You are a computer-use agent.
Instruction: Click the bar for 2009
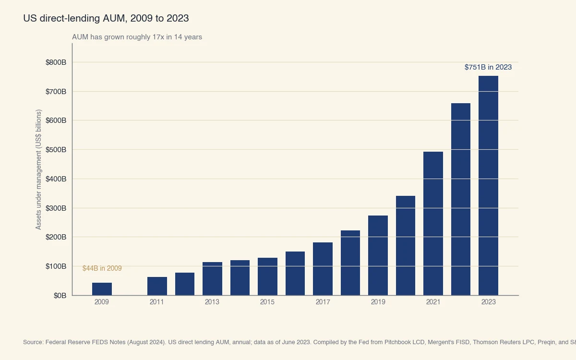(102, 289)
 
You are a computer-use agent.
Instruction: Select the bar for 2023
(488, 186)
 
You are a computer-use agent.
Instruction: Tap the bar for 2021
(433, 224)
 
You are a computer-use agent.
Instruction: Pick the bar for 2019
(378, 255)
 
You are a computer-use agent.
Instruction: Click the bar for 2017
(323, 269)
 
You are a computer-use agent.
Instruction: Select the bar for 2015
(267, 276)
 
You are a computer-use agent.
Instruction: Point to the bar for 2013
(212, 279)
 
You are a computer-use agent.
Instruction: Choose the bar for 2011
(157, 286)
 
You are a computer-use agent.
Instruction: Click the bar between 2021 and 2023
(461, 199)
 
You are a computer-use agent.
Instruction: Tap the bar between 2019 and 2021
(406, 246)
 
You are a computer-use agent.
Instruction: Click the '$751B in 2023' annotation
(488, 67)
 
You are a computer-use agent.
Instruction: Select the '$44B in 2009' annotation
(102, 268)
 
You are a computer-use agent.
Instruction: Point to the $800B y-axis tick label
(56, 62)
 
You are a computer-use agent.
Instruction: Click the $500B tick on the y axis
(56, 150)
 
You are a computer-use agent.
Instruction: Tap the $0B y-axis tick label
(60, 296)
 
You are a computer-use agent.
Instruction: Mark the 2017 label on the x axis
(323, 302)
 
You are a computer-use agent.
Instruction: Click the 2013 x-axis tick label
(212, 302)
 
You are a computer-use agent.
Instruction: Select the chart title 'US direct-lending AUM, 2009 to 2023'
(106, 18)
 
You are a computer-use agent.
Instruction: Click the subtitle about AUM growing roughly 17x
(137, 37)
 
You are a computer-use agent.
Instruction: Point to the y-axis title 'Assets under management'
(39, 169)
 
